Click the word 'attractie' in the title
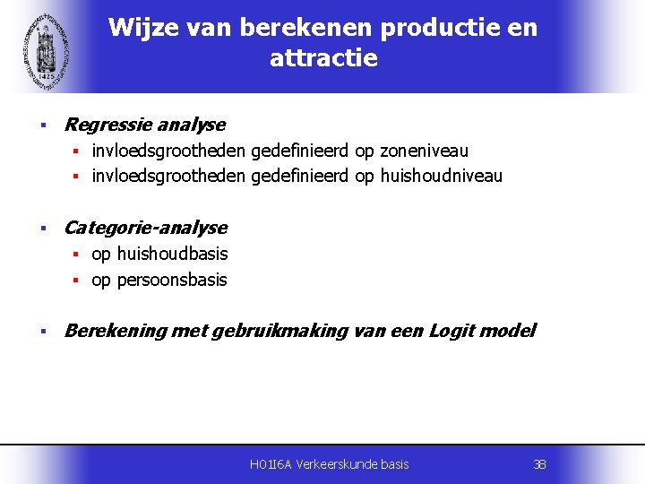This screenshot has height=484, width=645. (x=323, y=59)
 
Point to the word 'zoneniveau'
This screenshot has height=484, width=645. (x=424, y=151)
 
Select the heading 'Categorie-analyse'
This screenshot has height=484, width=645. (x=146, y=228)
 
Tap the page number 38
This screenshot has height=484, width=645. (x=539, y=464)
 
